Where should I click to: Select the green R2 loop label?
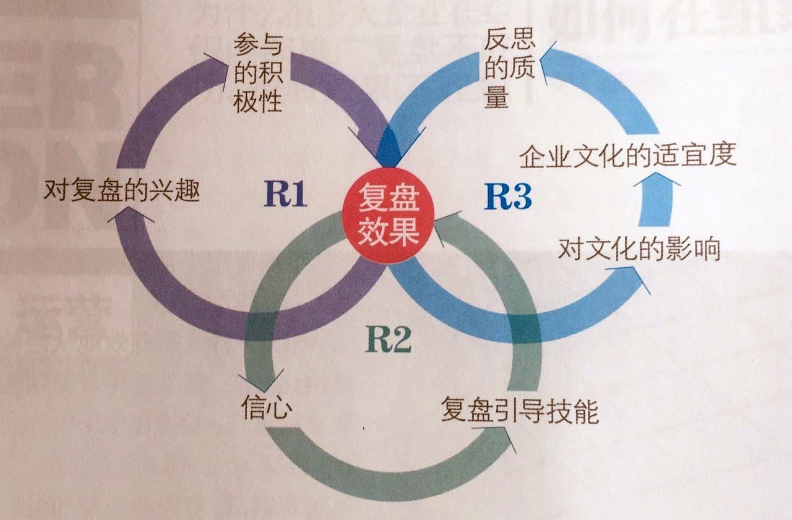(x=388, y=339)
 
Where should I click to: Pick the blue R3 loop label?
(x=507, y=197)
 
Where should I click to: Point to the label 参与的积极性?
(x=258, y=73)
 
